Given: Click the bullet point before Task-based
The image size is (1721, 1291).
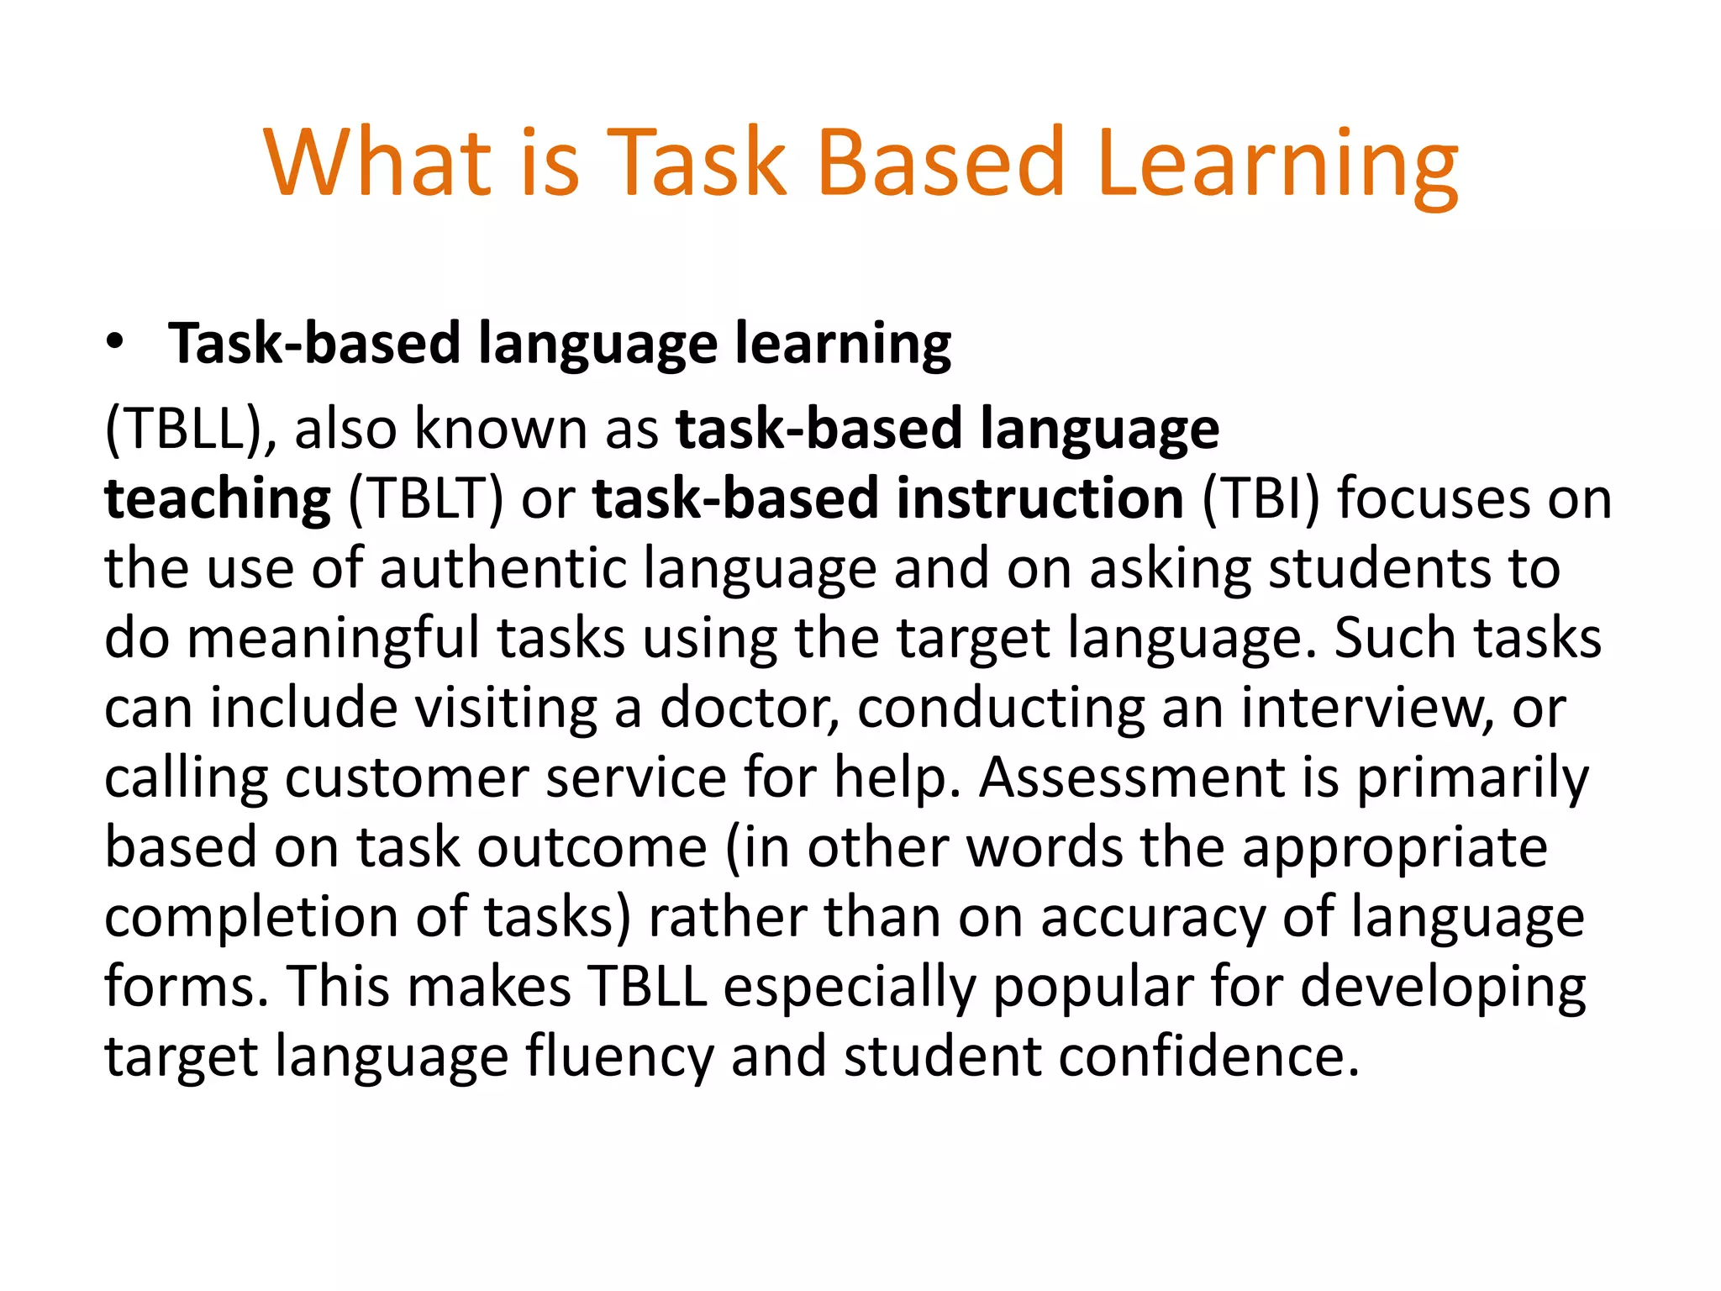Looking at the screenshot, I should (115, 342).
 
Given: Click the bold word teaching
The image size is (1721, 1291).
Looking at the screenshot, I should (218, 498).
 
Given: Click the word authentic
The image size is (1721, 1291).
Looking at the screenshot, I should (503, 568).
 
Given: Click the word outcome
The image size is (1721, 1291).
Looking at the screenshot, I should (592, 847).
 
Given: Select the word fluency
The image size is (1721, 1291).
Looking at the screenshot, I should (619, 1057).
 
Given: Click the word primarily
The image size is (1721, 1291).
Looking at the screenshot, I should (1473, 777).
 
